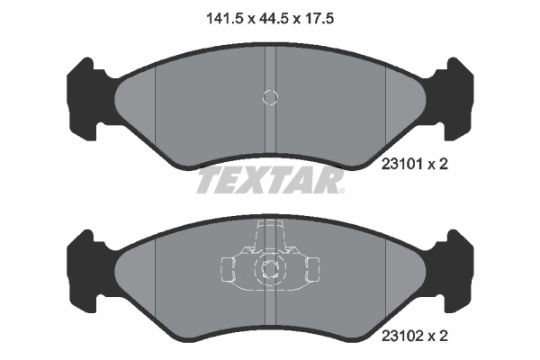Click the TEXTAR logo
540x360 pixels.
click(x=270, y=181)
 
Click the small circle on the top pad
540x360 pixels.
click(x=268, y=97)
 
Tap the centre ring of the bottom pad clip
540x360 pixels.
click(x=269, y=267)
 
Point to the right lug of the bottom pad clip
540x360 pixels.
click(x=311, y=267)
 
